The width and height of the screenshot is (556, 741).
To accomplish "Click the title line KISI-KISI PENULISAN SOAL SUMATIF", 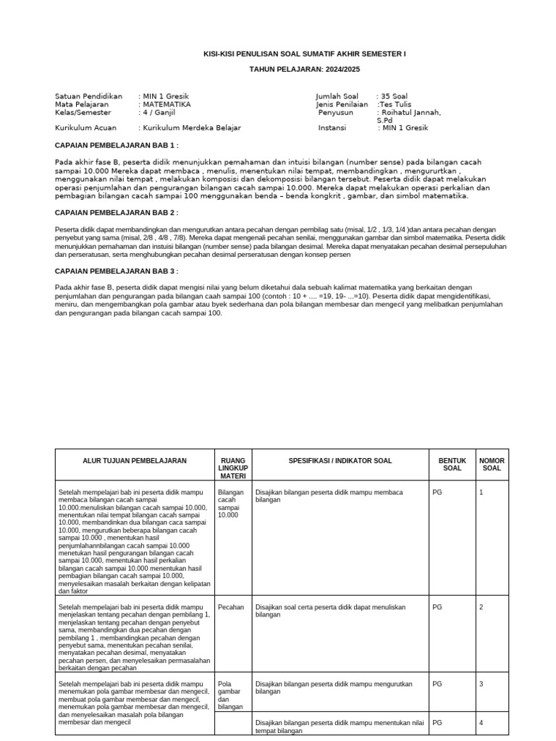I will (304, 54).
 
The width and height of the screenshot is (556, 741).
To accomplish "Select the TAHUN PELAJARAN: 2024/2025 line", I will (304, 69).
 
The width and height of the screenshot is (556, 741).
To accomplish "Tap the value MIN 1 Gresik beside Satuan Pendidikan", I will (166, 96).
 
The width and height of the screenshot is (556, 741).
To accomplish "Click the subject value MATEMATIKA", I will (166, 104).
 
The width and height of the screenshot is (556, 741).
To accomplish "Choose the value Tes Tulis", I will (393, 104).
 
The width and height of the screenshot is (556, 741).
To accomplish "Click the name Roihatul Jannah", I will (408, 113).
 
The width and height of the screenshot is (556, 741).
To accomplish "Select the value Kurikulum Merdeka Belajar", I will (191, 127).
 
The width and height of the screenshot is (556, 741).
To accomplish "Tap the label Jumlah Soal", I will (337, 96).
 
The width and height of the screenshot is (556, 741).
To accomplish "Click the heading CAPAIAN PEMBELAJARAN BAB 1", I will (117, 145).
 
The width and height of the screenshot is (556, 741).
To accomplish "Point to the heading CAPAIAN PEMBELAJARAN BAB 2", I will (117, 212).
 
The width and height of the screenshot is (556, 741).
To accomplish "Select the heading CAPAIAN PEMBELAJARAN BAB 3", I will (117, 271).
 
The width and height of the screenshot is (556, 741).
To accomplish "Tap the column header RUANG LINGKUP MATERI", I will (232, 467).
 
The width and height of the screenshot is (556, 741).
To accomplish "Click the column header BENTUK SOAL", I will (451, 464).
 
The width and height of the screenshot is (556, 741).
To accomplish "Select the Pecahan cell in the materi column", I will (230, 607).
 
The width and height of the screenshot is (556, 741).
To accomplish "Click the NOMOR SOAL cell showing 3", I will (481, 684).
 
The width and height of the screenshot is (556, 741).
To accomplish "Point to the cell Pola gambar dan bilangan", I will (230, 695).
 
